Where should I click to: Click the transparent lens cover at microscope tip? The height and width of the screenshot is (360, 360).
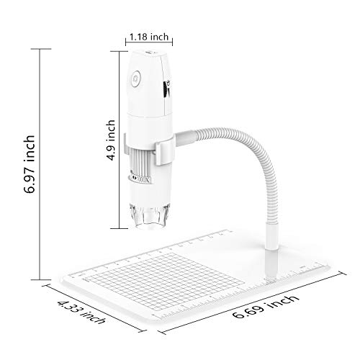(149, 217)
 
